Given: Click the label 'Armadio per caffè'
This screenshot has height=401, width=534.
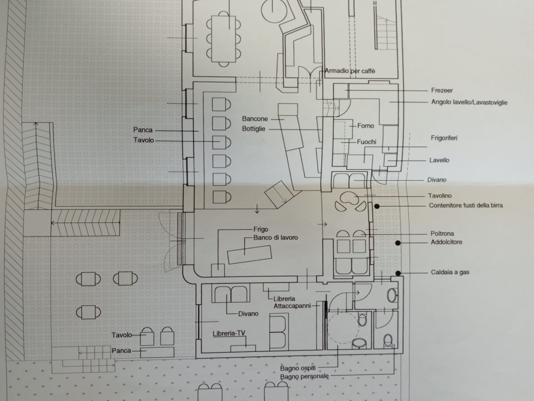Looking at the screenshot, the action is (350, 71).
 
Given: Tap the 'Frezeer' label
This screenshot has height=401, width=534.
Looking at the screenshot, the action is (442, 90).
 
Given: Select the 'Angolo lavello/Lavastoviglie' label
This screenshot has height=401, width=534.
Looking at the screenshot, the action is (469, 102).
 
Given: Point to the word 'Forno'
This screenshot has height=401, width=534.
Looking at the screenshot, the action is (366, 126).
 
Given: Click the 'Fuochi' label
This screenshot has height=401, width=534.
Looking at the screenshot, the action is (367, 142).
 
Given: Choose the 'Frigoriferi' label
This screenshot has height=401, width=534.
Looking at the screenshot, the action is (444, 138).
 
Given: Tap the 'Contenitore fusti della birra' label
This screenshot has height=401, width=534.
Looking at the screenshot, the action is (466, 205).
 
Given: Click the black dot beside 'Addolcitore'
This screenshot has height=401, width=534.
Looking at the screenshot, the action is (397, 243).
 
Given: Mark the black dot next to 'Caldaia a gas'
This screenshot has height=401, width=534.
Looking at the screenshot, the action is (398, 273).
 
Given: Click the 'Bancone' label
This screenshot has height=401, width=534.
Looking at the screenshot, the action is (254, 119).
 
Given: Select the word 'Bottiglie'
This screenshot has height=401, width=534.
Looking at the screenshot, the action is (253, 129).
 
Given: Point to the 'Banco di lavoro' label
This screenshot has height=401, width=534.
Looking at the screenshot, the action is (275, 238).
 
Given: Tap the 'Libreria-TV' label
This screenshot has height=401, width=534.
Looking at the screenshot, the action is (229, 334).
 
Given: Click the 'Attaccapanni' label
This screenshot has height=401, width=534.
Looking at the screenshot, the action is (292, 306).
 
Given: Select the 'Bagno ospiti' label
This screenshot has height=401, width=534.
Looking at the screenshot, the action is (298, 368).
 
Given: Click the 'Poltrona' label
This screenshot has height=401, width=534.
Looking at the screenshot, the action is (442, 233).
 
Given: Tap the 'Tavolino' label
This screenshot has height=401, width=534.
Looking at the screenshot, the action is (440, 196).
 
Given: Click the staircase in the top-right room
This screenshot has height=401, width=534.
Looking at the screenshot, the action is (386, 33).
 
